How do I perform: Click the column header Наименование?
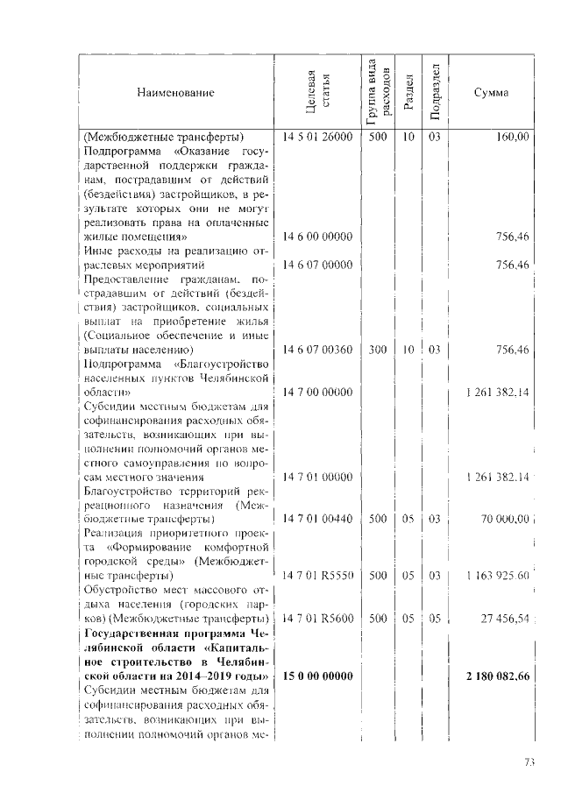[174, 92]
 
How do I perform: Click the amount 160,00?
[512, 138]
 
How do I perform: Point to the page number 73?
[529, 762]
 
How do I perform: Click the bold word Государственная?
[125, 634]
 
